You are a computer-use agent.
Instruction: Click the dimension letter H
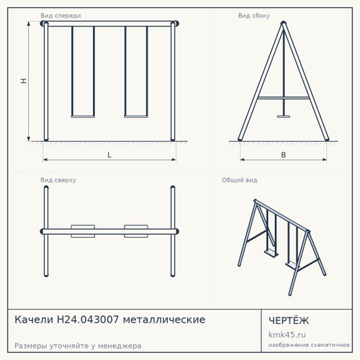click(x=24, y=81)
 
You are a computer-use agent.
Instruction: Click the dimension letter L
click(x=109, y=155)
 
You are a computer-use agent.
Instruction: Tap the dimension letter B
click(x=284, y=155)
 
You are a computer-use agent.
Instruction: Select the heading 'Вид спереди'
click(x=60, y=16)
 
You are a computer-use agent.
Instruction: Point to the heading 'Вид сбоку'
click(x=254, y=16)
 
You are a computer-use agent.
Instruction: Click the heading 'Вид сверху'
click(x=58, y=180)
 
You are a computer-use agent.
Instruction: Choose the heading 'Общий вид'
click(x=240, y=180)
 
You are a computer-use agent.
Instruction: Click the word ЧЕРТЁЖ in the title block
click(x=289, y=320)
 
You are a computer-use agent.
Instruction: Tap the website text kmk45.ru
click(x=287, y=335)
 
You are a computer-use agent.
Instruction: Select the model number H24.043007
click(x=88, y=320)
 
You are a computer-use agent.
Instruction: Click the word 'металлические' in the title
click(x=164, y=320)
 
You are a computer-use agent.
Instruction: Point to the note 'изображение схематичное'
click(x=309, y=345)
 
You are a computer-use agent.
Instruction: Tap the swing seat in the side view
click(x=284, y=117)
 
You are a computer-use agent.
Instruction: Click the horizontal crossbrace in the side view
click(x=284, y=98)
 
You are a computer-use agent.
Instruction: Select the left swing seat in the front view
click(x=83, y=117)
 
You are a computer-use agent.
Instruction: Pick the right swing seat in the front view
click(x=136, y=117)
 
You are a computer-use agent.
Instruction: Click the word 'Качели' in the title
click(x=34, y=320)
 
